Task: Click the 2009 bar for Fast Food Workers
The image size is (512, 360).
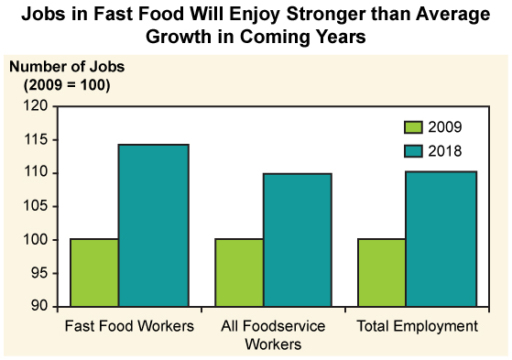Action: (x=94, y=272)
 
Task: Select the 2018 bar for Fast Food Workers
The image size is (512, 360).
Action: (x=154, y=225)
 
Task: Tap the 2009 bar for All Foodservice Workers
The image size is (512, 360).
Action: (x=238, y=272)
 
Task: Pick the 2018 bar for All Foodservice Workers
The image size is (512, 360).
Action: (x=298, y=239)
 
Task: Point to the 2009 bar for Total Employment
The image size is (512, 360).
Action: (x=382, y=272)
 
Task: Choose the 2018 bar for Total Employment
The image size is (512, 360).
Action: (x=441, y=238)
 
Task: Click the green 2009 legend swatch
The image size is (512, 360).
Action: (x=414, y=127)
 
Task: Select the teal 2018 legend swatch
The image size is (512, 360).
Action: (x=414, y=150)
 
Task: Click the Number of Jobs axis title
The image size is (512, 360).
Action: (x=67, y=67)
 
